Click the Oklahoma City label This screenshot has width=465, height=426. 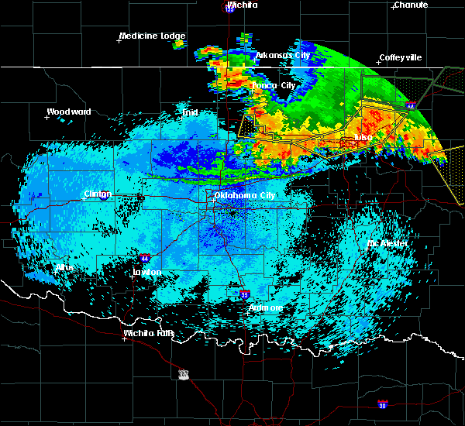click(246, 196)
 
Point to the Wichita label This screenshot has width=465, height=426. click(243, 5)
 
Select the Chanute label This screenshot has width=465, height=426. click(411, 5)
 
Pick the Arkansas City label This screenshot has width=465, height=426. click(283, 56)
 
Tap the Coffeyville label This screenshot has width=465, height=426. click(401, 58)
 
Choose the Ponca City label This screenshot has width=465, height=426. click(274, 85)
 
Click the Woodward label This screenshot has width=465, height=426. click(68, 112)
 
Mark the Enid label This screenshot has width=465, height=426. click(189, 112)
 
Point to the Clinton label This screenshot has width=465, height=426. click(98, 194)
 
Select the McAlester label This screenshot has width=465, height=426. click(387, 243)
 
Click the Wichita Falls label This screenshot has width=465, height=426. click(149, 334)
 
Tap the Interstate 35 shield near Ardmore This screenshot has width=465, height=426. click(245, 294)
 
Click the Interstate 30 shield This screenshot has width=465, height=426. click(382, 404)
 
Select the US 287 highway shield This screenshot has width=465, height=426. click(184, 375)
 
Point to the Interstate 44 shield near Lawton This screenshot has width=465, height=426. click(145, 257)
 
